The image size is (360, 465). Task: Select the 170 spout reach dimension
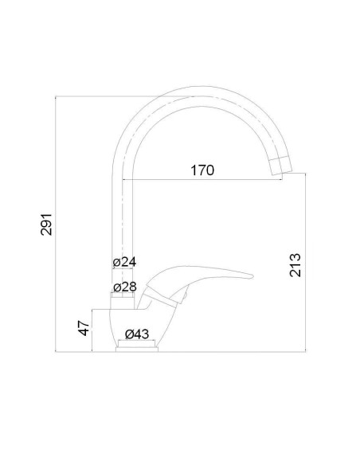click(202, 170)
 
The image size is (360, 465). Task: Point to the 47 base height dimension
click(82, 329)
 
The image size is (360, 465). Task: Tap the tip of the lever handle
click(249, 277)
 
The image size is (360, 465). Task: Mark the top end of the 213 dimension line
click(307, 178)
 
